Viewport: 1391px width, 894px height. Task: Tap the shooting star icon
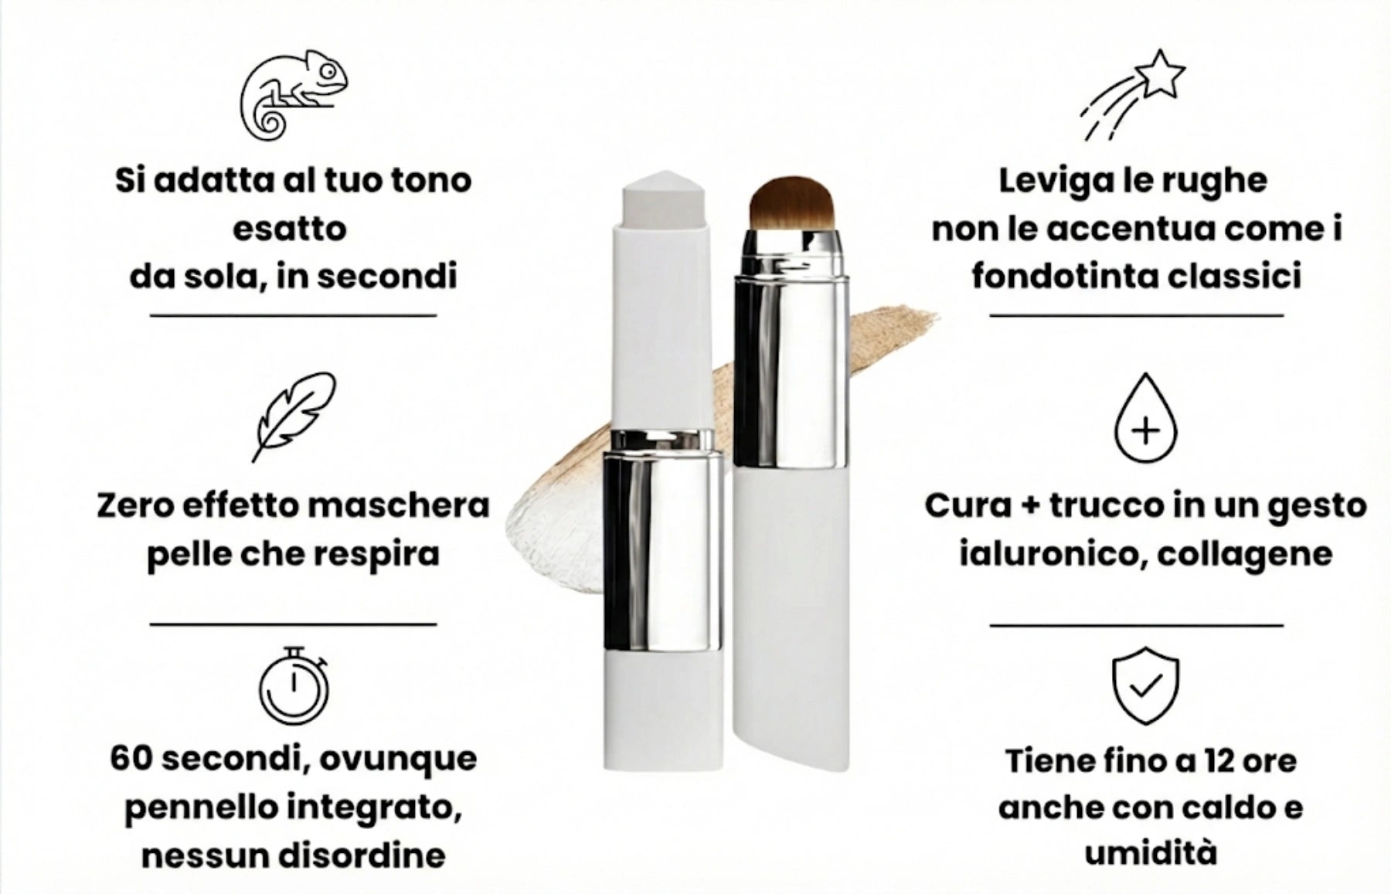[1132, 95]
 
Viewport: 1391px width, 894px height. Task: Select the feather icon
[294, 417]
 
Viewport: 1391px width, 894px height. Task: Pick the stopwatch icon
[294, 684]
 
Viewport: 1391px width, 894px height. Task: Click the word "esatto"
[290, 229]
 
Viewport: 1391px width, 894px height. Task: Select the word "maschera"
[399, 506]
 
